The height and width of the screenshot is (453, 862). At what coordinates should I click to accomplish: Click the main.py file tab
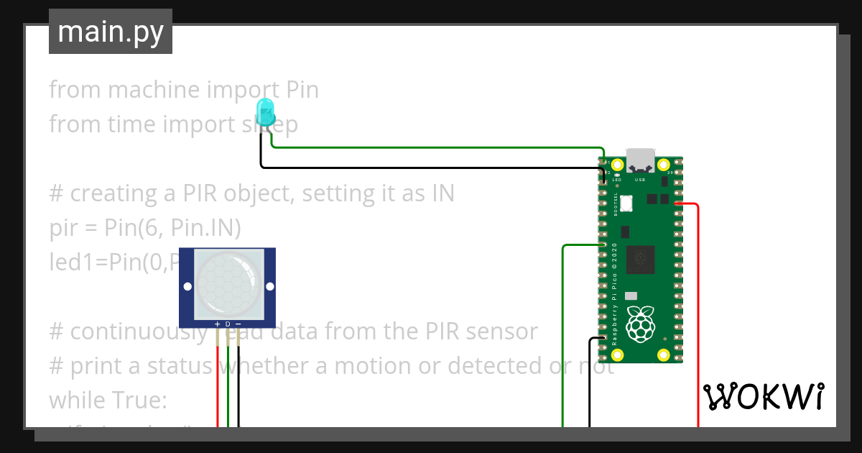click(111, 32)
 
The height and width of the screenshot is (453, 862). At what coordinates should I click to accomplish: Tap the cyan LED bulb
click(265, 111)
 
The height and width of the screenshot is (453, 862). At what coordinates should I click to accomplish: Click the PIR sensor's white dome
click(228, 285)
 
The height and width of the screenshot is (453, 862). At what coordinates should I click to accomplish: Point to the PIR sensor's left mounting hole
click(187, 286)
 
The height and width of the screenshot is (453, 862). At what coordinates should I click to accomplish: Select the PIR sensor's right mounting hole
click(270, 286)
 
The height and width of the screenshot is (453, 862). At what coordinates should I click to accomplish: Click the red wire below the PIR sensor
click(218, 388)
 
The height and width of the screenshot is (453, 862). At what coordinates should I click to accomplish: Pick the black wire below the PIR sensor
click(238, 388)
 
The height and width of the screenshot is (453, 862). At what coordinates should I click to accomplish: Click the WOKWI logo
click(763, 396)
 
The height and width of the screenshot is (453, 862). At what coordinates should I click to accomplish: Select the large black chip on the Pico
click(640, 259)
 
